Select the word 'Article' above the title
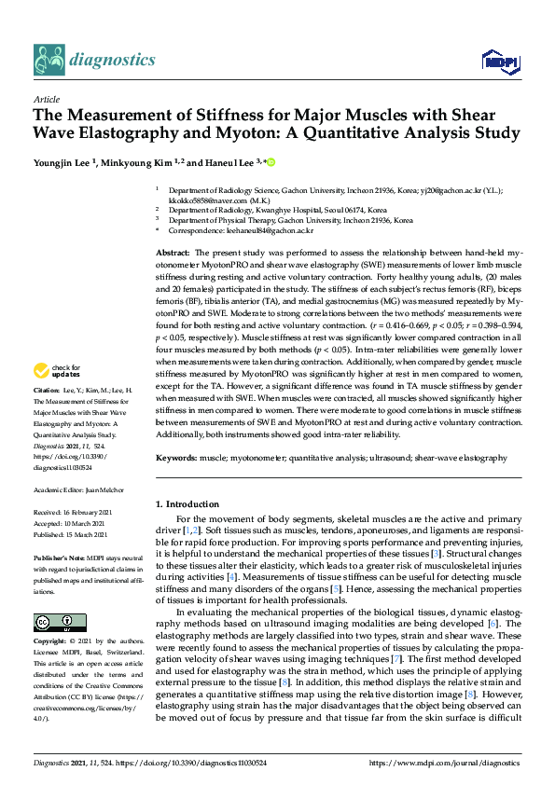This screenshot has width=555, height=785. pyautogui.click(x=47, y=98)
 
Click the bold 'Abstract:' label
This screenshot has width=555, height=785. pyautogui.click(x=173, y=253)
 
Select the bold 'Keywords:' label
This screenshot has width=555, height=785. pyautogui.click(x=176, y=458)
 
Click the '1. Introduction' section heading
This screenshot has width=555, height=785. pyautogui.click(x=189, y=504)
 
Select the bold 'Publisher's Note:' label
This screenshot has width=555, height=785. pyautogui.click(x=59, y=552)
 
